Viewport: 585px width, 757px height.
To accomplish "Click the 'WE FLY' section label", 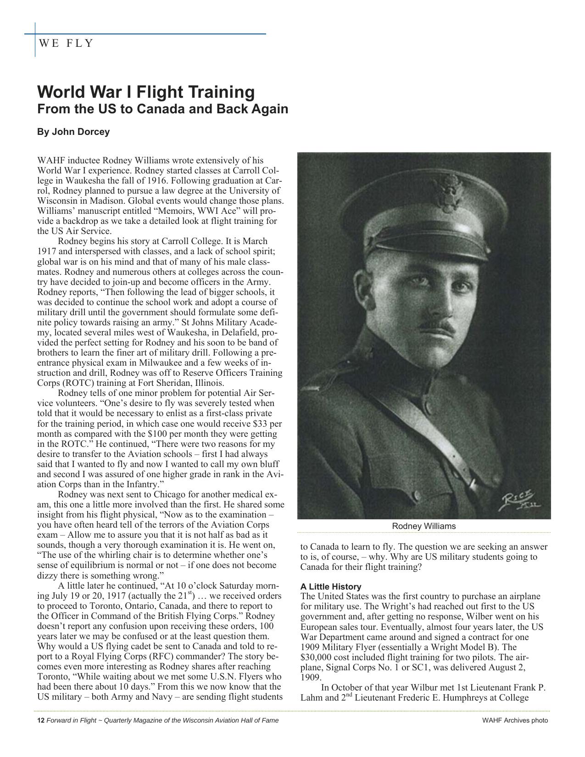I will [x=66, y=44].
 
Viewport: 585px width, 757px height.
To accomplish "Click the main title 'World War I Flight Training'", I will [x=145, y=92].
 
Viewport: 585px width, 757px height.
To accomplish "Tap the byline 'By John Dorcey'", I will [x=73, y=132].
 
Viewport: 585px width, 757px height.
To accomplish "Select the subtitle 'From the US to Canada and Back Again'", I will [x=162, y=109].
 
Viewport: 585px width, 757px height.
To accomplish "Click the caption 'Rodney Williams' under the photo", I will [x=423, y=526].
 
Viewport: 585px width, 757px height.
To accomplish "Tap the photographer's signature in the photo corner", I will [x=521, y=501].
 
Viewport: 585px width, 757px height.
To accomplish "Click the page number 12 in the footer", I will [x=40, y=720].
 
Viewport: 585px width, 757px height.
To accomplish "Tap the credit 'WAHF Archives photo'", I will [x=515, y=720].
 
